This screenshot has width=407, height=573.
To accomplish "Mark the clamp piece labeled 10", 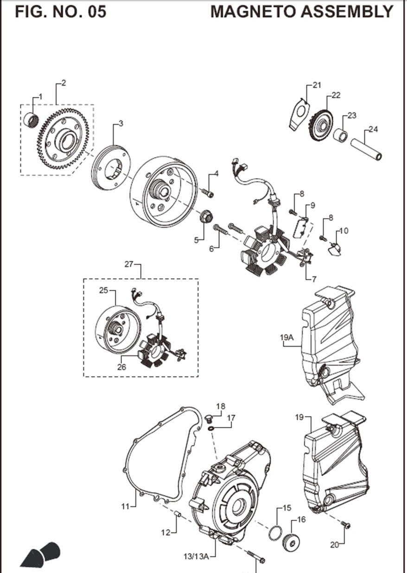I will [334, 251].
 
